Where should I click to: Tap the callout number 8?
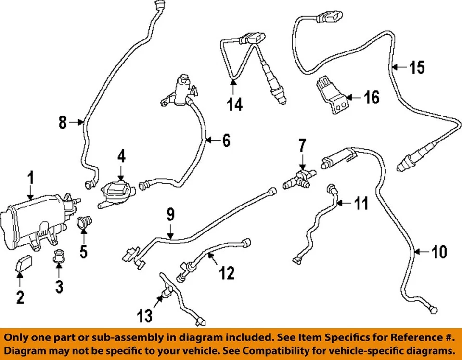[63, 123]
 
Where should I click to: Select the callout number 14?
[235, 103]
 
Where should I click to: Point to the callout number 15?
[417, 67]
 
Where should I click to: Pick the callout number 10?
[438, 252]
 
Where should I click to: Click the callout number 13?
[144, 316]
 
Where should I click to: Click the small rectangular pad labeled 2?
[24, 264]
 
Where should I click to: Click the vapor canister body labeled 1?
[29, 219]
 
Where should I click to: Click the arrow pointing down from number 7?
[302, 161]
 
